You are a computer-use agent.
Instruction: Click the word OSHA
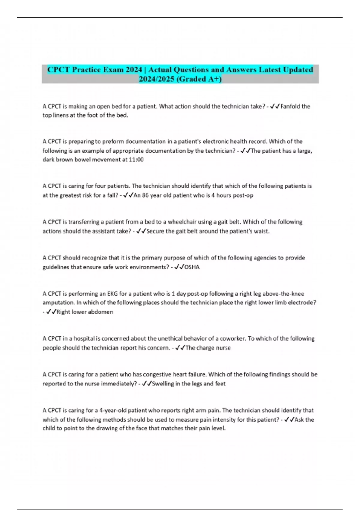click(x=192, y=267)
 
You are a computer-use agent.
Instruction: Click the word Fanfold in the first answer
click(x=290, y=106)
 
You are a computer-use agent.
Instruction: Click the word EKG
click(x=112, y=294)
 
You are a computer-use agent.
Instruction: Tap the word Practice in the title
click(x=86, y=70)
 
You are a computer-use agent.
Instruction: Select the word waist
click(x=262, y=231)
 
